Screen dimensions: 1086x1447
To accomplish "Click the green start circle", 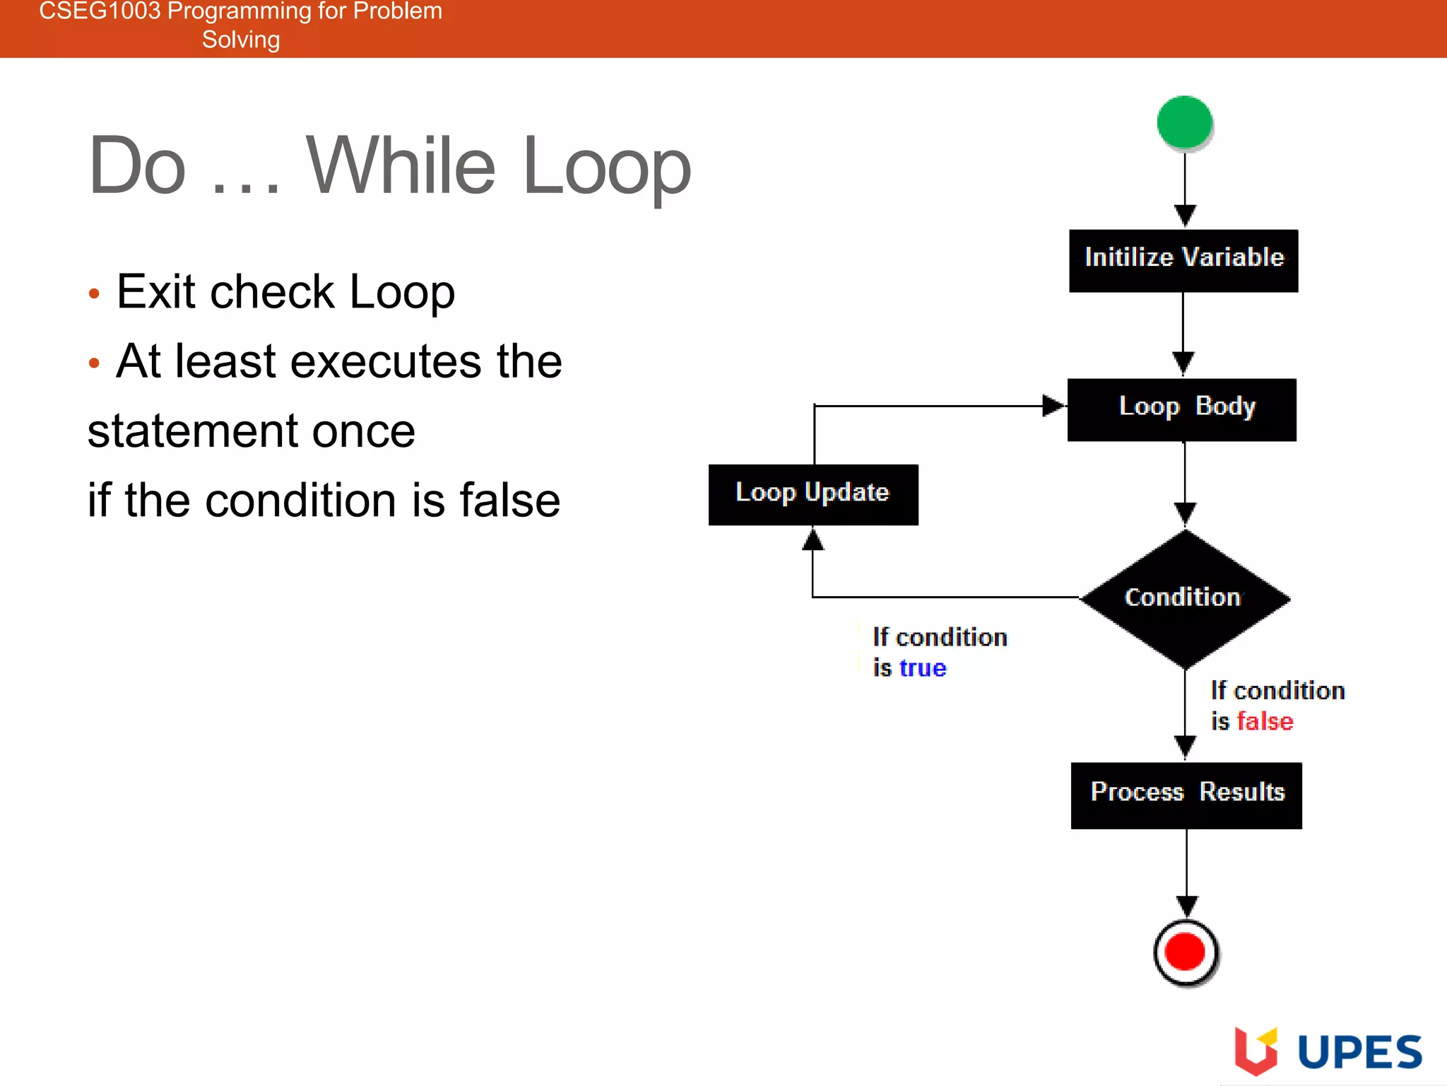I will (1184, 122).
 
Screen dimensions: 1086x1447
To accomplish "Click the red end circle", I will (1185, 952).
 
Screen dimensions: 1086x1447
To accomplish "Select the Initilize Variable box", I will (1183, 260).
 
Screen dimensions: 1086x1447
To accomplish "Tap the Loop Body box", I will (1182, 409).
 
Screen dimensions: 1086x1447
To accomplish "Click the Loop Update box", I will (813, 494).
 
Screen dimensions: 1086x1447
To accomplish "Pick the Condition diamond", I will (1185, 598).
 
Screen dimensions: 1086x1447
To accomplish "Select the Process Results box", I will (1186, 795).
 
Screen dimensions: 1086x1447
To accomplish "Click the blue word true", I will (923, 668).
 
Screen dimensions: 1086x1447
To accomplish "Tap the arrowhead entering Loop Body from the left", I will (1053, 406).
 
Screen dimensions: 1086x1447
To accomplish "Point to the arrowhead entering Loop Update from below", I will (813, 539).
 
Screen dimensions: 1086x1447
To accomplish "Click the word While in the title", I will (401, 166).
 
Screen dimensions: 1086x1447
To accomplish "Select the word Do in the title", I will (138, 166).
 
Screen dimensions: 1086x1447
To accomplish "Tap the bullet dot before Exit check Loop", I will (94, 294).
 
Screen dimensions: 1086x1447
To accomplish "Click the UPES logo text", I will (1359, 1052).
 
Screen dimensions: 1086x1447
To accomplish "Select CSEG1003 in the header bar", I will (100, 11).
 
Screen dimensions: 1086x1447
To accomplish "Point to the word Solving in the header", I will (241, 40).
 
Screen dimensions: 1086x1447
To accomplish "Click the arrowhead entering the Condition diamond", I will (1185, 513).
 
